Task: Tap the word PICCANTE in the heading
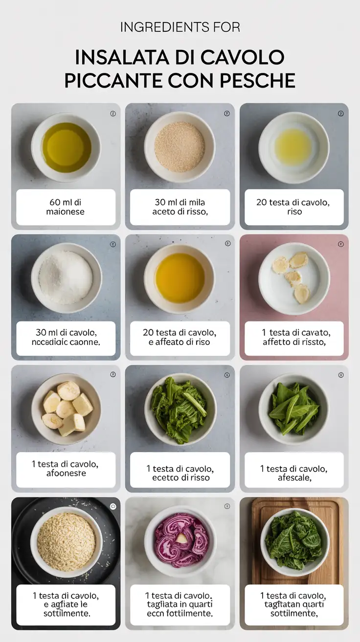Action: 114,80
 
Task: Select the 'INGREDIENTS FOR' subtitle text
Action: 180,27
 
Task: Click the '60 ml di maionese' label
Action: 66,207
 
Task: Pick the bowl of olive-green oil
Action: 66,147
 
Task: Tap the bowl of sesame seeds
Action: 180,146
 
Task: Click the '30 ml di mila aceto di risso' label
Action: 180,207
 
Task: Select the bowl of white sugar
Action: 66,277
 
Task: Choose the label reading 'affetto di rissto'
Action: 293,343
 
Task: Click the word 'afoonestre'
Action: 66,473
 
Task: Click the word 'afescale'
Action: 293,478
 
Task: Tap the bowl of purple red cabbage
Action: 180,541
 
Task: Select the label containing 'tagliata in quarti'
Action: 180,604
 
